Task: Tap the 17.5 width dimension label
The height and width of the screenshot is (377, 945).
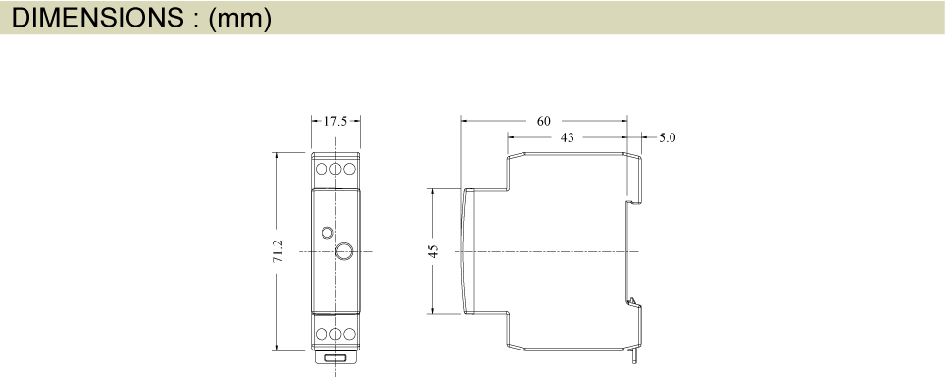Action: pyautogui.click(x=335, y=121)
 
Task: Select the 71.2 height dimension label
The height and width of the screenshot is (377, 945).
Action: pyautogui.click(x=278, y=251)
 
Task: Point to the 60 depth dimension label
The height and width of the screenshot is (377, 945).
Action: pyautogui.click(x=544, y=121)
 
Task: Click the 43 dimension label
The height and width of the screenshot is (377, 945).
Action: pyautogui.click(x=567, y=137)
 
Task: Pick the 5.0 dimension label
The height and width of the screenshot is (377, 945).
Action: pyautogui.click(x=667, y=137)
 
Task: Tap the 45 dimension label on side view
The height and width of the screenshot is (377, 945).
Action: pyautogui.click(x=433, y=251)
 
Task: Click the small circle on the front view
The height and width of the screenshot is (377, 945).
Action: pyautogui.click(x=327, y=233)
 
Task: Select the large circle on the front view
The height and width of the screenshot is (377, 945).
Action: pyautogui.click(x=344, y=251)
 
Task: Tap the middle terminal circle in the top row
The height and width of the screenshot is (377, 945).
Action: pyautogui.click(x=335, y=169)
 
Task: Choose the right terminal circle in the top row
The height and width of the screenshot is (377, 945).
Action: pyautogui.click(x=348, y=169)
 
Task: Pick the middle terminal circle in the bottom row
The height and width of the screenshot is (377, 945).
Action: pyautogui.click(x=335, y=334)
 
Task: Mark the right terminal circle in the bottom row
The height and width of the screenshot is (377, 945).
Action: pyautogui.click(x=348, y=334)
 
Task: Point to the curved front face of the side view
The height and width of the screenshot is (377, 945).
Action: pyautogui.click(x=464, y=251)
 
